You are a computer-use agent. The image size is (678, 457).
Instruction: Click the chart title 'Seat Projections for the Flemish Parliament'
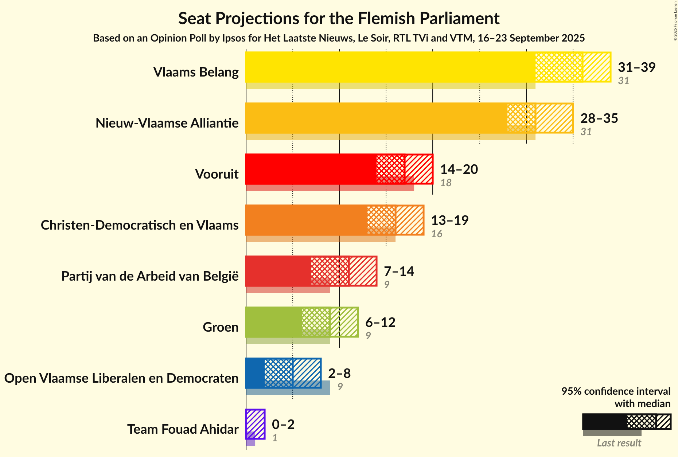pyautogui.click(x=339, y=18)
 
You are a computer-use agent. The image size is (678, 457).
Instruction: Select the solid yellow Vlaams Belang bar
pyautogui.click(x=390, y=67)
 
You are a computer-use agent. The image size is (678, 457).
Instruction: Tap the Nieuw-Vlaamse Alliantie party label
pyautogui.click(x=167, y=123)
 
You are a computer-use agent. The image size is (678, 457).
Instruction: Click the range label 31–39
pyautogui.click(x=636, y=67)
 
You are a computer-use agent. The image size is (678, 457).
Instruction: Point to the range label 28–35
pyautogui.click(x=599, y=118)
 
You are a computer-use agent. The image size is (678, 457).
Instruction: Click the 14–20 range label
pyautogui.click(x=459, y=169)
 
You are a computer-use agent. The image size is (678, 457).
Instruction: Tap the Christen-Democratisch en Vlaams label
pyautogui.click(x=140, y=225)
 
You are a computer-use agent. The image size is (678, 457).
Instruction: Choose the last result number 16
pyautogui.click(x=437, y=234)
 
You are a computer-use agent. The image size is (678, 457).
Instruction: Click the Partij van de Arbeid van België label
pyautogui.click(x=150, y=276)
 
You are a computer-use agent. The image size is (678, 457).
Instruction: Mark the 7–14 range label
pyautogui.click(x=399, y=271)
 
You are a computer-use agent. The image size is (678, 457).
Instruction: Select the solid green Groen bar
pyautogui.click(x=273, y=322)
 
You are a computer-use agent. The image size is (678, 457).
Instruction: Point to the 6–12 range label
pyautogui.click(x=380, y=322)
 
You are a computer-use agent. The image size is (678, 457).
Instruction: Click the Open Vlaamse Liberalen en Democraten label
pyautogui.click(x=121, y=378)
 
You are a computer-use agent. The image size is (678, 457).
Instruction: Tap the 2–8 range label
pyautogui.click(x=339, y=373)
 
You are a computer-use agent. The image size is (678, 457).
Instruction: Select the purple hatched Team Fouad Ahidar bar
pyautogui.click(x=256, y=424)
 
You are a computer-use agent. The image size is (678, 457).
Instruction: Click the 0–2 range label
pyautogui.click(x=283, y=424)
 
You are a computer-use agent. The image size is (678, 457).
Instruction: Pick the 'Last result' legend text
pyautogui.click(x=619, y=443)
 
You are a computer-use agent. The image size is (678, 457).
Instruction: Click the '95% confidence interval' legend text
pyautogui.click(x=616, y=391)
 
